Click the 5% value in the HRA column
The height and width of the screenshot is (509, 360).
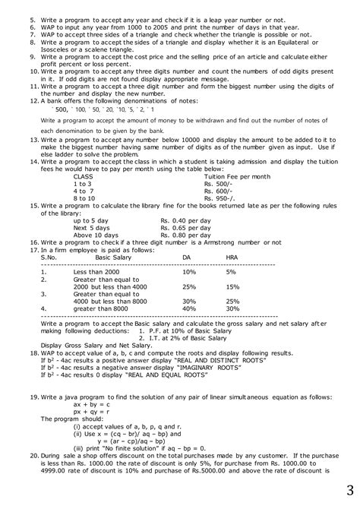pos(231,272)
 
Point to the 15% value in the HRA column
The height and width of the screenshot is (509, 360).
pos(232,287)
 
